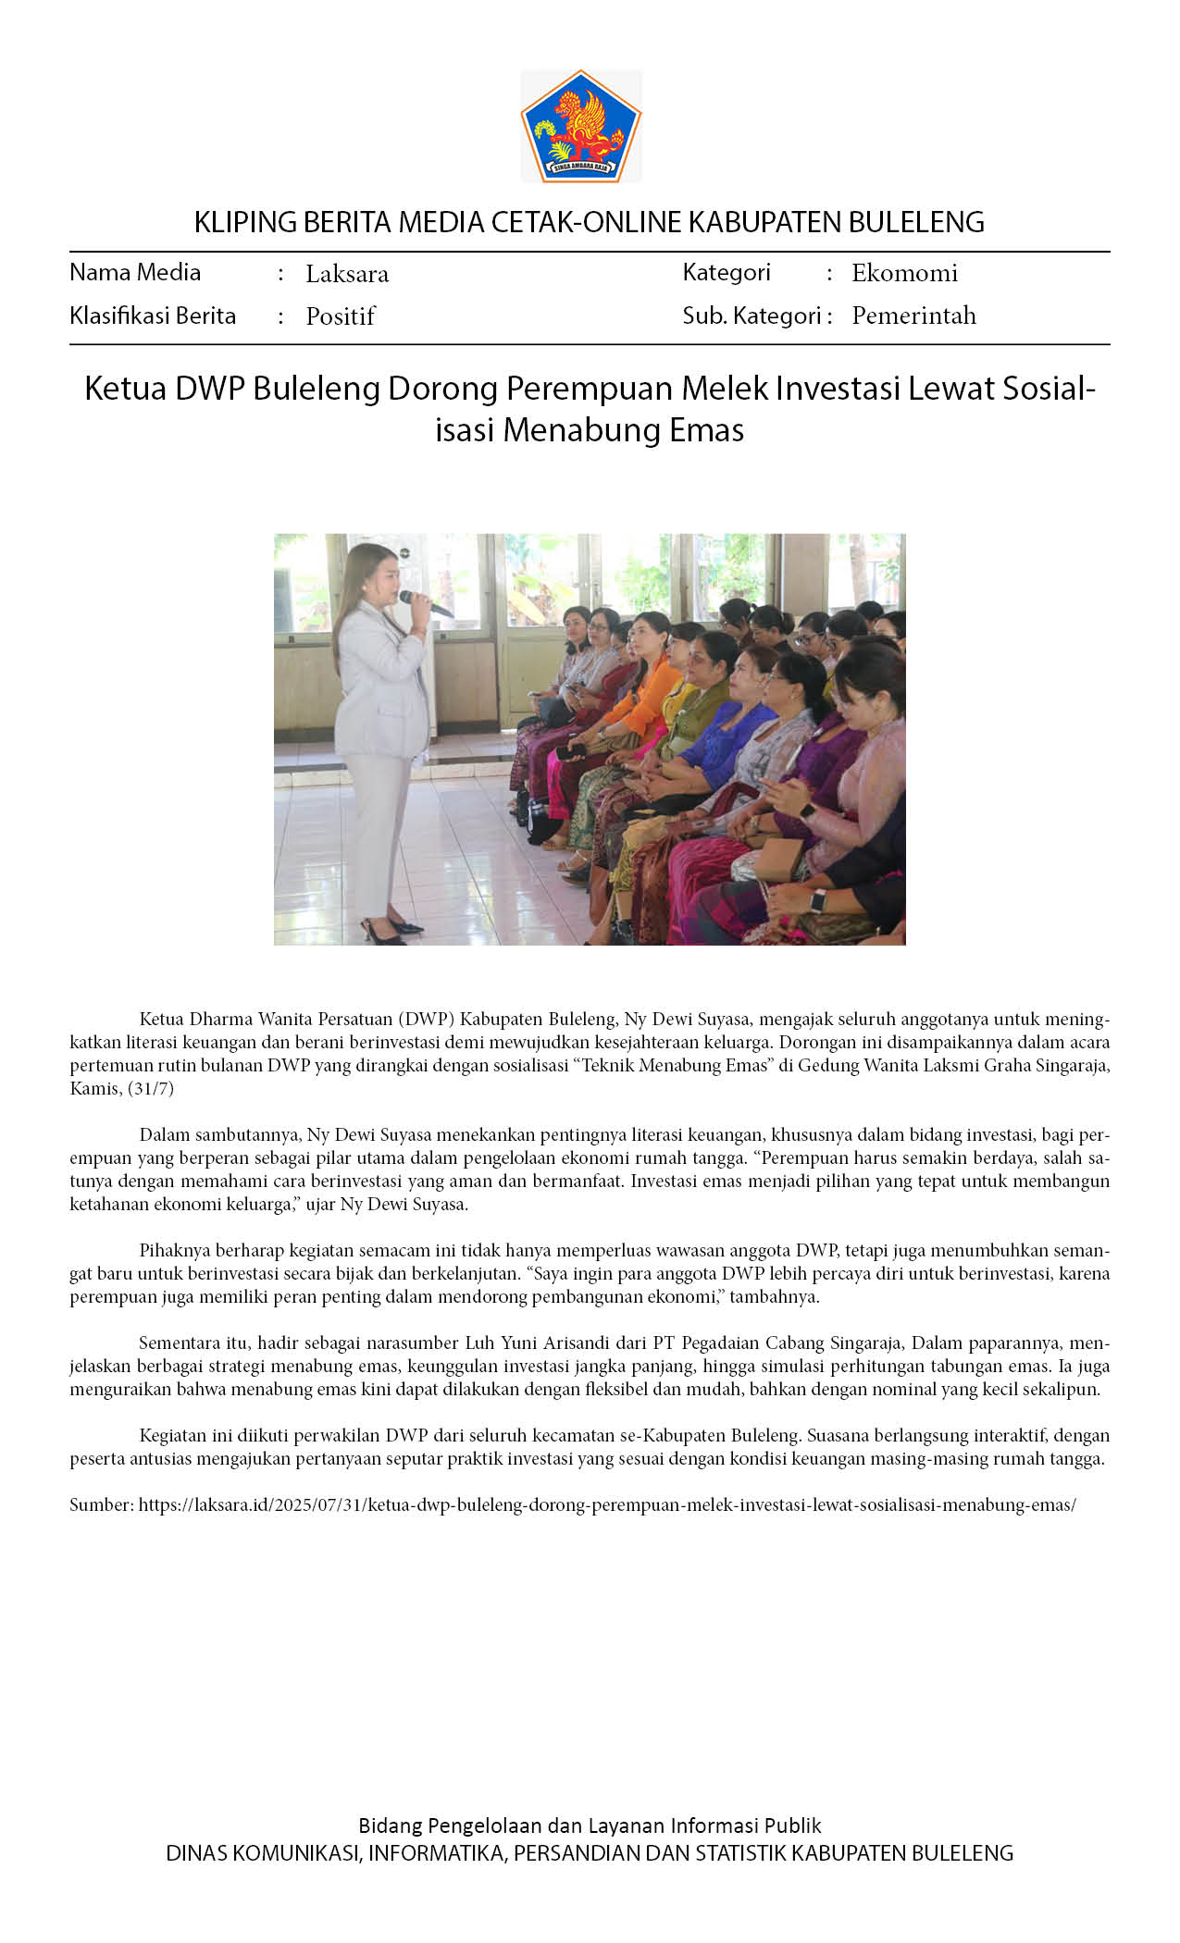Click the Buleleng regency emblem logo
pyautogui.click(x=580, y=125)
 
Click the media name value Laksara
pyautogui.click(x=347, y=274)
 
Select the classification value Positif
pyautogui.click(x=340, y=316)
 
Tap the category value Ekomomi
pyautogui.click(x=904, y=273)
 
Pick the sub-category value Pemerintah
pyautogui.click(x=913, y=316)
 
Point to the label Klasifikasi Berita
pyautogui.click(x=153, y=316)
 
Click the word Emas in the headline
pyautogui.click(x=708, y=430)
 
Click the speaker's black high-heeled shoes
pyautogui.click(x=393, y=930)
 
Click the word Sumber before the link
pyautogui.click(x=101, y=1504)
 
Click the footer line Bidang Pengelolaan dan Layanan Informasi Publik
pyautogui.click(x=590, y=1825)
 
